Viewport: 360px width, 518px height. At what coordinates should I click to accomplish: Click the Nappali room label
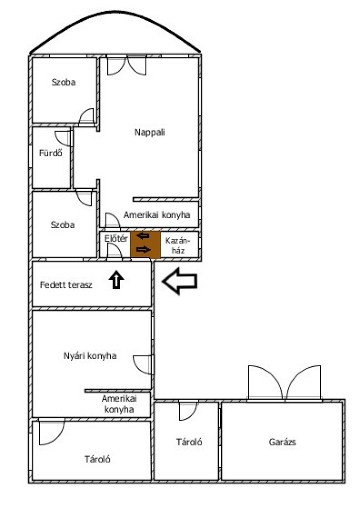coord(149,133)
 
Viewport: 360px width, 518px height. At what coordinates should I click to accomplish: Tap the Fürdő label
coord(50,153)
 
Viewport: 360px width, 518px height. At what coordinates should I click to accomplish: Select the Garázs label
coord(282,442)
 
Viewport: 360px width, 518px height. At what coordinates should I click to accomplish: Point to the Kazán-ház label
coord(178,245)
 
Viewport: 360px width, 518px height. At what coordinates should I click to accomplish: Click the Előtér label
coord(116,238)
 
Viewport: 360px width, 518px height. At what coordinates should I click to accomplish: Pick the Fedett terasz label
coord(66,285)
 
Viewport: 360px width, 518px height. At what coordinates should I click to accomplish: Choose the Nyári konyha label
coord(90,356)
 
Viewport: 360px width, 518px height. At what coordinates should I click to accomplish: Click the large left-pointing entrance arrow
coord(180,281)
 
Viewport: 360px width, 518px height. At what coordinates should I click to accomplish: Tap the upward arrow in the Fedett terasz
coord(116,279)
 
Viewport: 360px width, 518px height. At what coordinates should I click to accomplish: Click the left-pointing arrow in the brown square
coord(143,236)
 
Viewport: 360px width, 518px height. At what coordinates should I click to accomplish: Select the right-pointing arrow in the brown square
coord(143,250)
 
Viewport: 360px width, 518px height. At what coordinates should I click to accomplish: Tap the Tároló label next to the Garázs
coord(189,442)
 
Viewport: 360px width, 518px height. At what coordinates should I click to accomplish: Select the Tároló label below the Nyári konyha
coord(97,459)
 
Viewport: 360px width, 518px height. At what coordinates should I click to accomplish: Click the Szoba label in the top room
coord(63,82)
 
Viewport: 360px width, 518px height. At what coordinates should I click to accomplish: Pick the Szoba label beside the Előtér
coord(62,225)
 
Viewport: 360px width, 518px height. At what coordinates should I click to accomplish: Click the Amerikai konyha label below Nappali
coord(156,215)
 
